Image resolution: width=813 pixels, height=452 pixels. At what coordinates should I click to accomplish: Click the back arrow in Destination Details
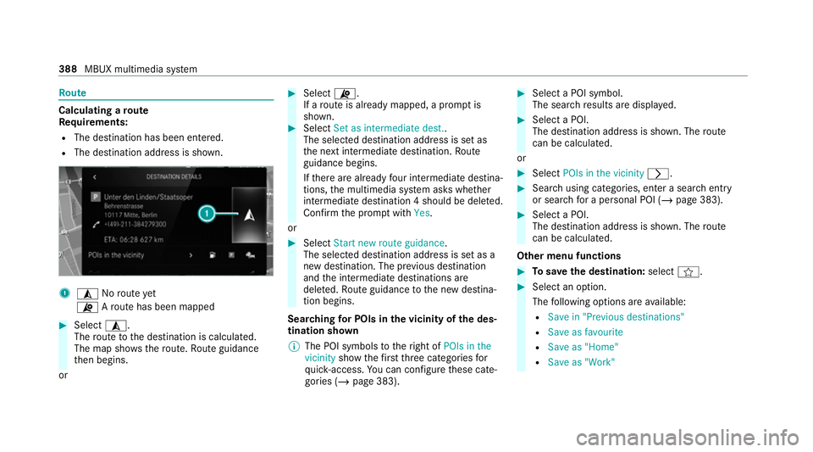tap(94, 177)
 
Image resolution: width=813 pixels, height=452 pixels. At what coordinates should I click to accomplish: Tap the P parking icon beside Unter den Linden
tap(93, 196)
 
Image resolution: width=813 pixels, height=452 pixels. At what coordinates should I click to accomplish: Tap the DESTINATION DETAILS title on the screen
tap(179, 177)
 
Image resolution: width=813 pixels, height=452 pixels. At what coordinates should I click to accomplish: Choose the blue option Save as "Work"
tap(582, 362)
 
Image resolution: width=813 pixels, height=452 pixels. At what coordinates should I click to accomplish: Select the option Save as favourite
tap(585, 332)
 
